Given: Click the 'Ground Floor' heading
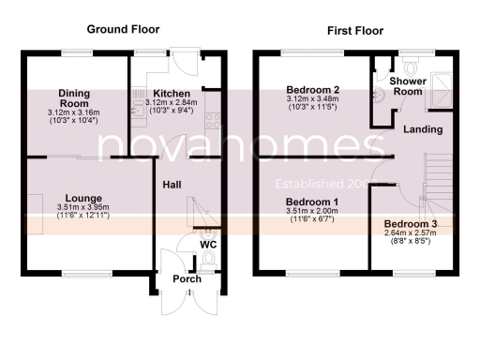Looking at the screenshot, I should coord(119,29).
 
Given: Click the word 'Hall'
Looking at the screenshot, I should coord(173,185).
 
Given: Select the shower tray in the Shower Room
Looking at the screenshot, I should coord(441,82).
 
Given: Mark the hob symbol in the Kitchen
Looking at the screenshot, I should coord(214,120).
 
